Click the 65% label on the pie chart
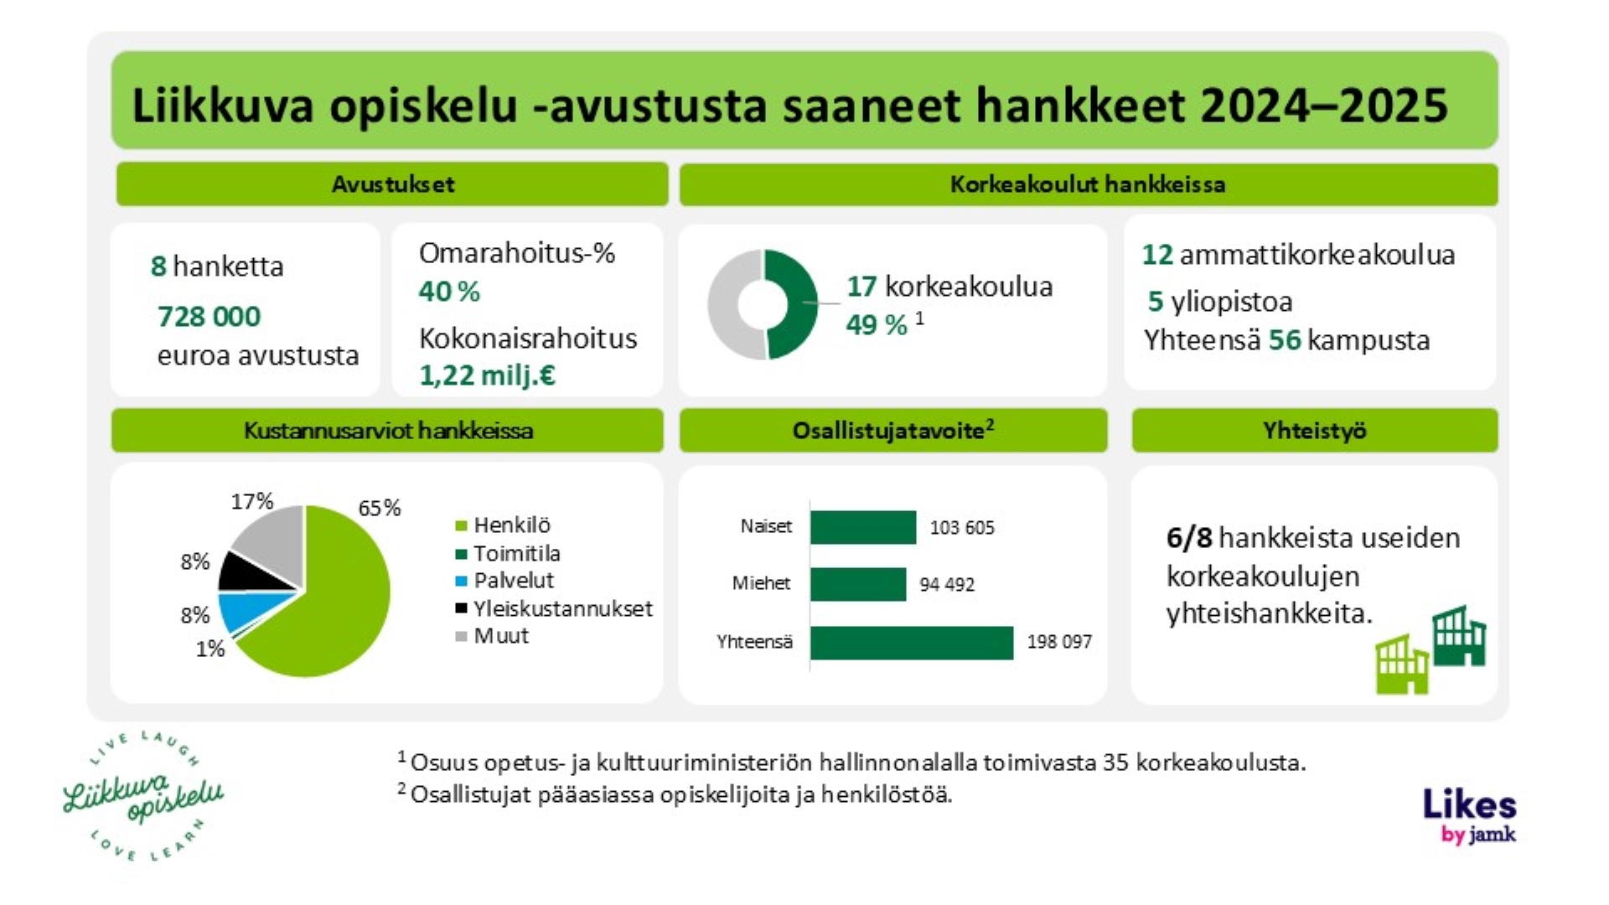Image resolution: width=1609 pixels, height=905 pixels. (x=379, y=508)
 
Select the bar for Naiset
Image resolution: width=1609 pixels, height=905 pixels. (x=862, y=527)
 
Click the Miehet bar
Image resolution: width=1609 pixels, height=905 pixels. (x=857, y=584)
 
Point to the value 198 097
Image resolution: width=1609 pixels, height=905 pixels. (x=1059, y=642)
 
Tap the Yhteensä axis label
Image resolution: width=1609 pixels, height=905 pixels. (x=754, y=642)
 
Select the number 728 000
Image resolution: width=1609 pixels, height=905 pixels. (x=209, y=317)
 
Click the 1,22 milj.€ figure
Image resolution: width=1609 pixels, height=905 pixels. (x=487, y=375)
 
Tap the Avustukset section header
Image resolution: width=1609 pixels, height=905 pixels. (x=392, y=184)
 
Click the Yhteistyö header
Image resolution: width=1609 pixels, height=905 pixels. (x=1314, y=431)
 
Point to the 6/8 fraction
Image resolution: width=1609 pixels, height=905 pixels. (x=1188, y=538)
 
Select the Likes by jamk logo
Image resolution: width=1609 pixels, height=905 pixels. (x=1470, y=814)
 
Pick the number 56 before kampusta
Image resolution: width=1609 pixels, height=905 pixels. (x=1284, y=340)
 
